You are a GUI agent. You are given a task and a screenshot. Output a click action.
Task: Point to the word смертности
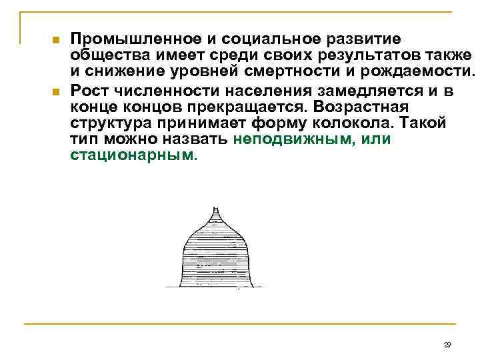(x=287, y=73)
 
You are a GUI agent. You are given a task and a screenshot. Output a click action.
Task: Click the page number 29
(x=447, y=344)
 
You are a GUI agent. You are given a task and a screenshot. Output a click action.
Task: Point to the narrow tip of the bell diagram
(x=215, y=209)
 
